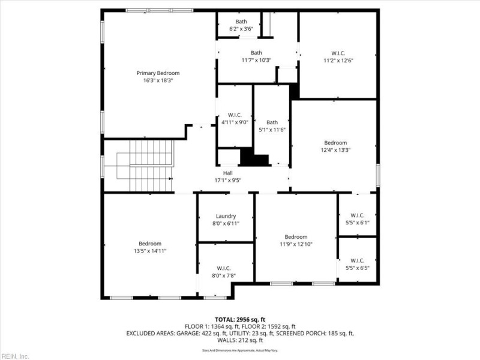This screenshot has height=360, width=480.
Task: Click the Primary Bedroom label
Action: tap(158, 73)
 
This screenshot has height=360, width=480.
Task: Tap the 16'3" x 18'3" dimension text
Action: tap(158, 80)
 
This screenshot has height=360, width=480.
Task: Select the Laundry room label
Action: tap(226, 216)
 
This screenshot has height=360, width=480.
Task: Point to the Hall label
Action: tap(227, 173)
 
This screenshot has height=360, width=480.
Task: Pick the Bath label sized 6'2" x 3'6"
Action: tap(241, 22)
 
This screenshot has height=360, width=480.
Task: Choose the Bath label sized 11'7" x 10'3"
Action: tap(256, 53)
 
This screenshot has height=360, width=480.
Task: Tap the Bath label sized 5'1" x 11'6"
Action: tap(272, 122)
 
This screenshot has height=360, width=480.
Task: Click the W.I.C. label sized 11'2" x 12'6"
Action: tap(338, 53)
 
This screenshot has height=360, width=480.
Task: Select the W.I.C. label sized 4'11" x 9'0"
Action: tap(234, 115)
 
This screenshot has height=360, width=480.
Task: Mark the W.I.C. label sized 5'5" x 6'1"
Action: tap(357, 215)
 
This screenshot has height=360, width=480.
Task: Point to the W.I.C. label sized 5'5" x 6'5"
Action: tap(357, 260)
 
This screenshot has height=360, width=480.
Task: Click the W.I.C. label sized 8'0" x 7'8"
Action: tap(224, 268)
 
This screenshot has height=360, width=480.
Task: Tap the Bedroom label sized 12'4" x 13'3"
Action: tap(336, 143)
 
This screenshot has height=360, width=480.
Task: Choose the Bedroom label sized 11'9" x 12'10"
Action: tap(296, 237)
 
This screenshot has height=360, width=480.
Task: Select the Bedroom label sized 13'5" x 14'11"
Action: tap(150, 244)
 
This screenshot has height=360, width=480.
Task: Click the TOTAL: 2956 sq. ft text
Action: tap(239, 319)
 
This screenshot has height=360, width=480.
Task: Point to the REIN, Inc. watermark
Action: tap(15, 356)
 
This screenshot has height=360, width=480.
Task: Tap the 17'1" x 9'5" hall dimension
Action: tap(227, 180)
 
